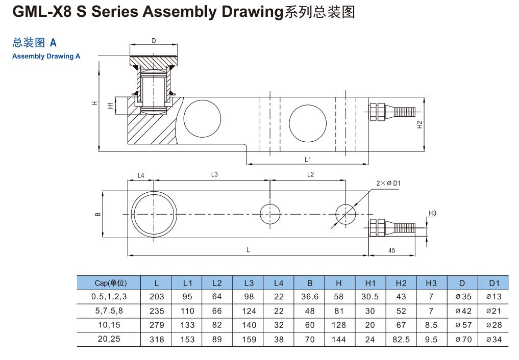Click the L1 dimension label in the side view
tap(308, 160)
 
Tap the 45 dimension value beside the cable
tap(392, 250)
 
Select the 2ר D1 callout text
tap(388, 183)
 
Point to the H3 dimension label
tap(432, 213)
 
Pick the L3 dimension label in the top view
tap(214, 174)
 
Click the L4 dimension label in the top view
tap(141, 175)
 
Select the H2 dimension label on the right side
tap(419, 125)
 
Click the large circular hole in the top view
tap(154, 214)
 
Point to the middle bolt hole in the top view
tap(270, 214)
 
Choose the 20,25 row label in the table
tap(106, 339)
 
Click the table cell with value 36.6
tap(310, 297)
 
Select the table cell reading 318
tap(157, 339)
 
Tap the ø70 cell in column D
tap(462, 339)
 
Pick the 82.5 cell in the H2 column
tap(401, 339)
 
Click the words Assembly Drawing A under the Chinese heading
tap(46, 57)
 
